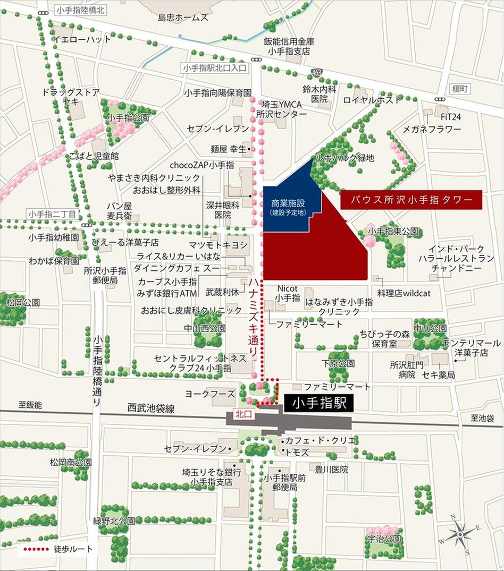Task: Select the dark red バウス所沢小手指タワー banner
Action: coord(411,200)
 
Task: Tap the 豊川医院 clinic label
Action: coord(331,470)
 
